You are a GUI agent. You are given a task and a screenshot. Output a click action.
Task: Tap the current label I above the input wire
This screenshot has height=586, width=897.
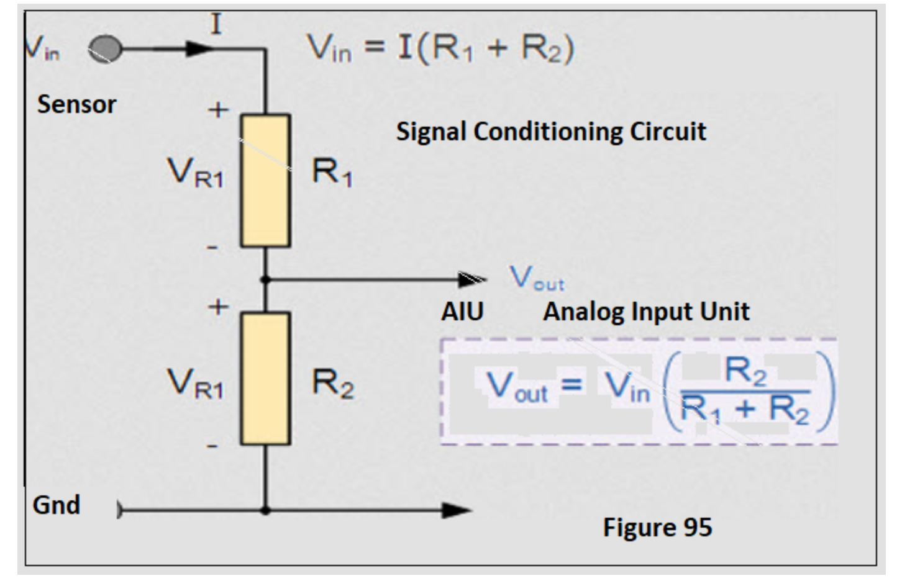pyautogui.click(x=216, y=25)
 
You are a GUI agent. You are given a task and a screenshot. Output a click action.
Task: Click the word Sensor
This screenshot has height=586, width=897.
pyautogui.click(x=76, y=104)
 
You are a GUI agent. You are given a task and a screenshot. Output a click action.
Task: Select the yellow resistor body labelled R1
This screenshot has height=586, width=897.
pyautogui.click(x=265, y=180)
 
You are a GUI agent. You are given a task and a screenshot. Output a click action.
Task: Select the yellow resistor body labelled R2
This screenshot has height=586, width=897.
pyautogui.click(x=265, y=378)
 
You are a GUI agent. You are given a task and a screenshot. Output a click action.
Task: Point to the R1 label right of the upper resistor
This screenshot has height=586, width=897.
pyautogui.click(x=332, y=172)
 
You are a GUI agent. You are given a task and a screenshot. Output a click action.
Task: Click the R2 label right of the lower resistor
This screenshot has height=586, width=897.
pyautogui.click(x=332, y=383)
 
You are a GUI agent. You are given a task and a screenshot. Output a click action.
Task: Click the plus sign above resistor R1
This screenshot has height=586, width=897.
pyautogui.click(x=218, y=110)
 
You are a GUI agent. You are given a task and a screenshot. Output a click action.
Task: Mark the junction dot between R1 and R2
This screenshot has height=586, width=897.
pyautogui.click(x=265, y=280)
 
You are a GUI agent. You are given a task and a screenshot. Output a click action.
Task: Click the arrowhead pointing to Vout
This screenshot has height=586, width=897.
pyautogui.click(x=472, y=280)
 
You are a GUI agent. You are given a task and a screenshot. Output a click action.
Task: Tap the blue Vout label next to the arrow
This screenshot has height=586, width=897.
pyautogui.click(x=537, y=278)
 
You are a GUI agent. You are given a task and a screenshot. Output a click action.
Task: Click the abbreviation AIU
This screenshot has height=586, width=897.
pyautogui.click(x=462, y=312)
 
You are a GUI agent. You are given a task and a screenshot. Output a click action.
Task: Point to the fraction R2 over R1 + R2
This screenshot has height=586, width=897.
pyautogui.click(x=745, y=391)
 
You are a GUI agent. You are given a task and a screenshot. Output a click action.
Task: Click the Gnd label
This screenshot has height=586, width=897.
pyautogui.click(x=57, y=505)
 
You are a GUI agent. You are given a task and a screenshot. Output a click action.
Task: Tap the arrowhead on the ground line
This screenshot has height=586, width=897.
pyautogui.click(x=456, y=511)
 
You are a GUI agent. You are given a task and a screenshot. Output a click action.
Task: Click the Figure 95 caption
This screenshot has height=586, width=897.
pyautogui.click(x=657, y=528)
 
